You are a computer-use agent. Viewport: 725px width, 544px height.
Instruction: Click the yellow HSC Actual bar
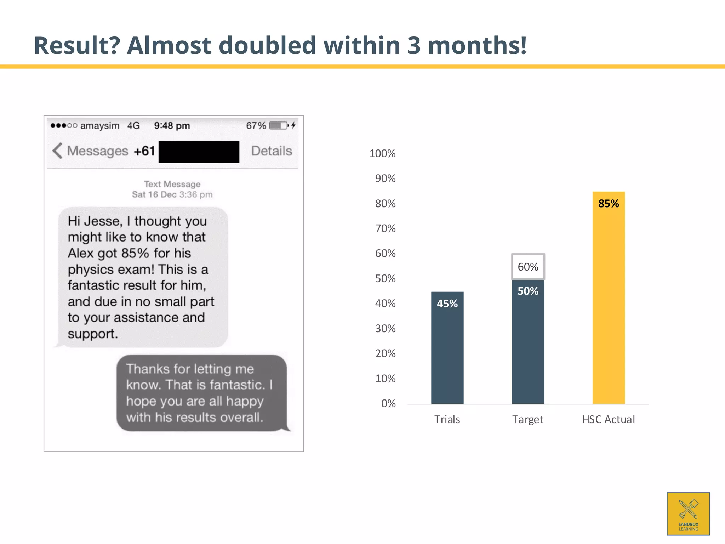(x=608, y=305)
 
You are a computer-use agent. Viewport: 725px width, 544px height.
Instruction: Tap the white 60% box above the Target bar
(x=528, y=267)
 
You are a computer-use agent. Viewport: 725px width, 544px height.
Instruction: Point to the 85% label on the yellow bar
(x=609, y=204)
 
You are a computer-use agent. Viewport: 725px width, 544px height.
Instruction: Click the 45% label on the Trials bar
(x=447, y=304)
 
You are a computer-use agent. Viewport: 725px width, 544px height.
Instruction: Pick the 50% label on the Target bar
(x=528, y=291)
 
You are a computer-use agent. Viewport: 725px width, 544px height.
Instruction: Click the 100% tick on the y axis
(x=382, y=154)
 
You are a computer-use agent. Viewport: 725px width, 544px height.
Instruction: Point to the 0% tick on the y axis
(x=388, y=404)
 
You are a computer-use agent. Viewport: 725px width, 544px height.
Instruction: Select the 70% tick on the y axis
(x=385, y=229)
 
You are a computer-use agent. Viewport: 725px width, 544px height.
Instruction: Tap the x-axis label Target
(x=527, y=420)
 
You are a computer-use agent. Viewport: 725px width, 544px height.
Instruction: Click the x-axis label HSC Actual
(x=608, y=420)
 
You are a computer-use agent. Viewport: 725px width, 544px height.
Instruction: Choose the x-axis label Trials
(x=447, y=420)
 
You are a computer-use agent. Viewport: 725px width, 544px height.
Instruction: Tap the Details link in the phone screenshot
(x=272, y=151)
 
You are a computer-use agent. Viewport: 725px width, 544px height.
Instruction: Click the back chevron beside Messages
(x=57, y=151)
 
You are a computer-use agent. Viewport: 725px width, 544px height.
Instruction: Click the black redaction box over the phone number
(x=199, y=152)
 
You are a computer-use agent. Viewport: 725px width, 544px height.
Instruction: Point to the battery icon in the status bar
(x=279, y=126)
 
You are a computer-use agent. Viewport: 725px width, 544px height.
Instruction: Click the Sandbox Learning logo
(x=688, y=514)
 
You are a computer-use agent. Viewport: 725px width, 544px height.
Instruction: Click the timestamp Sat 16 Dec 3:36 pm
(x=172, y=194)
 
